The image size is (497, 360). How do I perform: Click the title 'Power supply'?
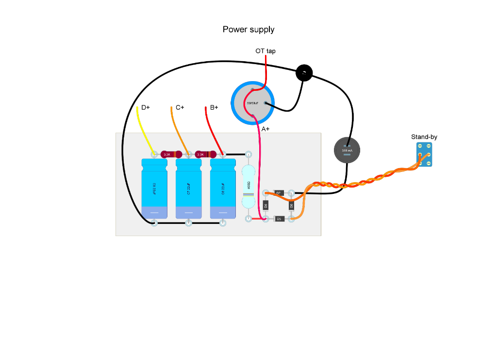(248, 30)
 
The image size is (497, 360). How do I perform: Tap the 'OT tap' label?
(265, 51)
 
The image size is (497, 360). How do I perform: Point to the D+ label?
(146, 107)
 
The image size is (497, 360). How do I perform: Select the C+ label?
(180, 107)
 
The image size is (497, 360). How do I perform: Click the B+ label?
(214, 107)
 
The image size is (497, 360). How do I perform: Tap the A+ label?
(265, 129)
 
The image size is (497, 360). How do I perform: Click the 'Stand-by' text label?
(424, 137)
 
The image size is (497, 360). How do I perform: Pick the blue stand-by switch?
(424, 155)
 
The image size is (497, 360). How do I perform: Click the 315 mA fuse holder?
(347, 150)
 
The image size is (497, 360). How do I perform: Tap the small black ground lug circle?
(304, 73)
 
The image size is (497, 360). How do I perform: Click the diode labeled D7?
(278, 193)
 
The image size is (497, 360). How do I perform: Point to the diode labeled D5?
(279, 219)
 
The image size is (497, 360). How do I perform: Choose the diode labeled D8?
(265, 206)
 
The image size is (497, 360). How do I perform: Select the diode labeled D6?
(291, 206)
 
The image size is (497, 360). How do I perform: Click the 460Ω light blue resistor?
(248, 187)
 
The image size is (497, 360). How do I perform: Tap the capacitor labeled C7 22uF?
(188, 189)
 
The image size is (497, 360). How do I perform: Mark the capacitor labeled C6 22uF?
(223, 189)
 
